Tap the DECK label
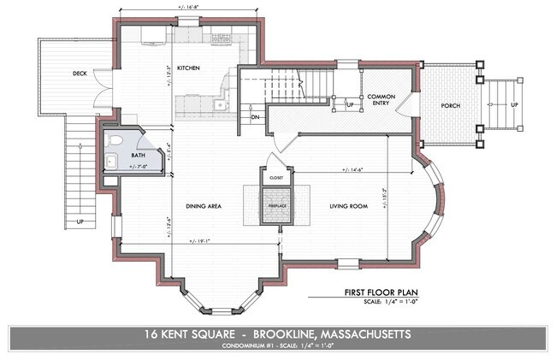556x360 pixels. pyautogui.click(x=80, y=73)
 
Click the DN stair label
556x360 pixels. pyautogui.click(x=255, y=116)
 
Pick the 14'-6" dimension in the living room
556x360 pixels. pyautogui.click(x=350, y=168)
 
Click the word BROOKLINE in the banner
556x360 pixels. pyautogui.click(x=293, y=334)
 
